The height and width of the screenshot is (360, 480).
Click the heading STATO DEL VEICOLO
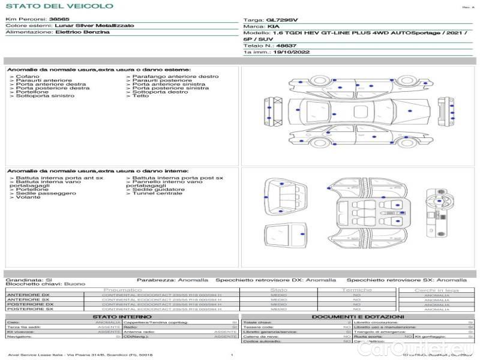(x=59, y=6)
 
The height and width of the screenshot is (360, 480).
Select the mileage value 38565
(x=59, y=20)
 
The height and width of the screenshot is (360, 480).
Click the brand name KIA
(x=272, y=27)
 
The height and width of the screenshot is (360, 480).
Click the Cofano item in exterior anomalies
(x=28, y=76)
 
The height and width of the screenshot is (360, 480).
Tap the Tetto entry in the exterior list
(x=140, y=96)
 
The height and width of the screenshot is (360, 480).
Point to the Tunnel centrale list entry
(x=157, y=193)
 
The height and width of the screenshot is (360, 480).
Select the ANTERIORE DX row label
(x=28, y=295)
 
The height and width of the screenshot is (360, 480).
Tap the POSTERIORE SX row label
(x=30, y=309)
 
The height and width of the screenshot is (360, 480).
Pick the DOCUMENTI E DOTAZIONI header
(x=358, y=316)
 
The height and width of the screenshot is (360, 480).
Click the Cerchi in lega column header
(x=436, y=290)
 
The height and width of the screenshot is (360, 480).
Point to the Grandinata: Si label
(x=29, y=280)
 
